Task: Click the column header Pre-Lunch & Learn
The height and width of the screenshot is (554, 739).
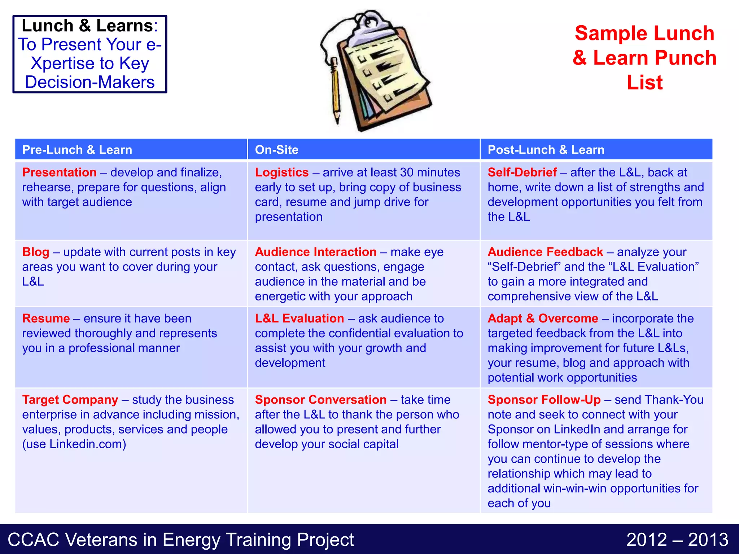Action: (77, 150)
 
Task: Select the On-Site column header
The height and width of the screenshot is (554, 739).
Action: (277, 150)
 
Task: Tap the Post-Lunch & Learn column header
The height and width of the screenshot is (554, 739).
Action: (546, 150)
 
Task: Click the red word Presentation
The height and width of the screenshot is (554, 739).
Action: (60, 172)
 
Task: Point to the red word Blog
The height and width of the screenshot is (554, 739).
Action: (36, 252)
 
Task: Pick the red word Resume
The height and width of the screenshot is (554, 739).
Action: (46, 318)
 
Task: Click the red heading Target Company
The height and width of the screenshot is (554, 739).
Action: (70, 400)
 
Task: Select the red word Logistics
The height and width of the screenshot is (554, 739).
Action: (282, 172)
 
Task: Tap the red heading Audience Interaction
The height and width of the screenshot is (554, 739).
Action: (316, 252)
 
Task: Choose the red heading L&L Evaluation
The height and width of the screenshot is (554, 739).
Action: (299, 318)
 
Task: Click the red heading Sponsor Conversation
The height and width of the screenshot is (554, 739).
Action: (321, 400)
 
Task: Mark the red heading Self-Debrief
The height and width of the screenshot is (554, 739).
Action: (522, 172)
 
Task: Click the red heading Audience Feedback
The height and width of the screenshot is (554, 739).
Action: (545, 252)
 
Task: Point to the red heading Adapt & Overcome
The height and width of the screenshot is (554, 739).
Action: (543, 318)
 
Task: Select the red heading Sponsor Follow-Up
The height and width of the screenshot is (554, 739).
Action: (544, 400)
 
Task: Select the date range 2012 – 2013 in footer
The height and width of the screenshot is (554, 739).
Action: (677, 540)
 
